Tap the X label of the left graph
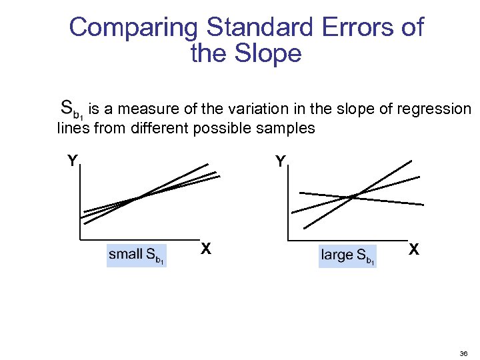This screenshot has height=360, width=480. pyautogui.click(x=207, y=249)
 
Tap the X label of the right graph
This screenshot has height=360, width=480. pyautogui.click(x=414, y=249)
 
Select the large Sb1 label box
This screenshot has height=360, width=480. pyautogui.click(x=347, y=255)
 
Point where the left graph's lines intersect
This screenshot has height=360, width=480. pyautogui.click(x=137, y=198)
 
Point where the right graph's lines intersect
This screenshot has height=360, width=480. pyautogui.click(x=353, y=195)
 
